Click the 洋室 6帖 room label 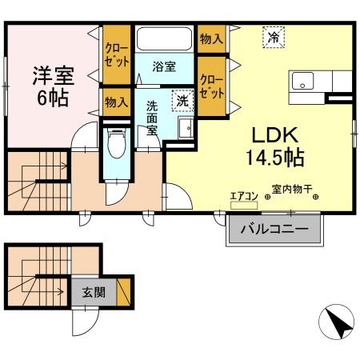[53, 86]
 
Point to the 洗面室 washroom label [151, 120]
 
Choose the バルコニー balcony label [275, 230]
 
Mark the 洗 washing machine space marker [182, 101]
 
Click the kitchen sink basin [303, 82]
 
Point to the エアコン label [243, 194]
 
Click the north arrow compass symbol [336, 325]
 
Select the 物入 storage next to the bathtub [211, 38]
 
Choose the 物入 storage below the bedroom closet [116, 102]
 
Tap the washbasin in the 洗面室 [185, 128]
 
